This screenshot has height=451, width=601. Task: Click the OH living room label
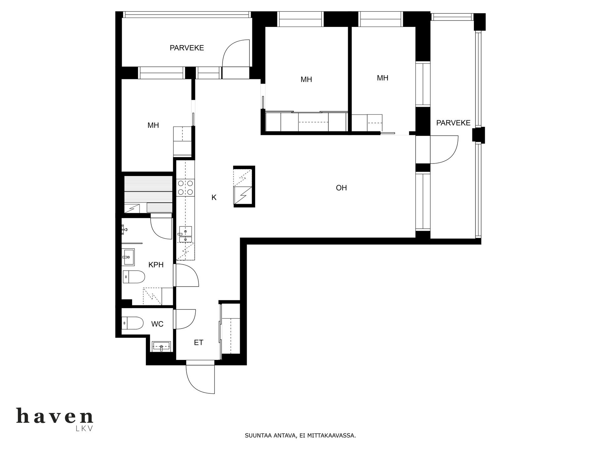click(x=341, y=188)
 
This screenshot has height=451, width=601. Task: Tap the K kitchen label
click(x=214, y=197)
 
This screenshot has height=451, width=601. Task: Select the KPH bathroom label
click(x=156, y=265)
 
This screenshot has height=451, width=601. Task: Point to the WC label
click(x=157, y=324)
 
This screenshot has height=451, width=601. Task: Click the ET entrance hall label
click(x=198, y=343)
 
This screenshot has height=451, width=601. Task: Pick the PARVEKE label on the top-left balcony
click(x=187, y=48)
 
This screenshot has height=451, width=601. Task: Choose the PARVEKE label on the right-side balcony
click(x=453, y=123)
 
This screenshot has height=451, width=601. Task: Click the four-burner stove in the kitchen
click(x=186, y=188)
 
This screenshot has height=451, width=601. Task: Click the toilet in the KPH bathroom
click(x=134, y=277)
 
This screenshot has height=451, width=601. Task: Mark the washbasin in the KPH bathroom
click(x=128, y=257)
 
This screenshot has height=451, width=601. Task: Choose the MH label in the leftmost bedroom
click(x=153, y=125)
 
